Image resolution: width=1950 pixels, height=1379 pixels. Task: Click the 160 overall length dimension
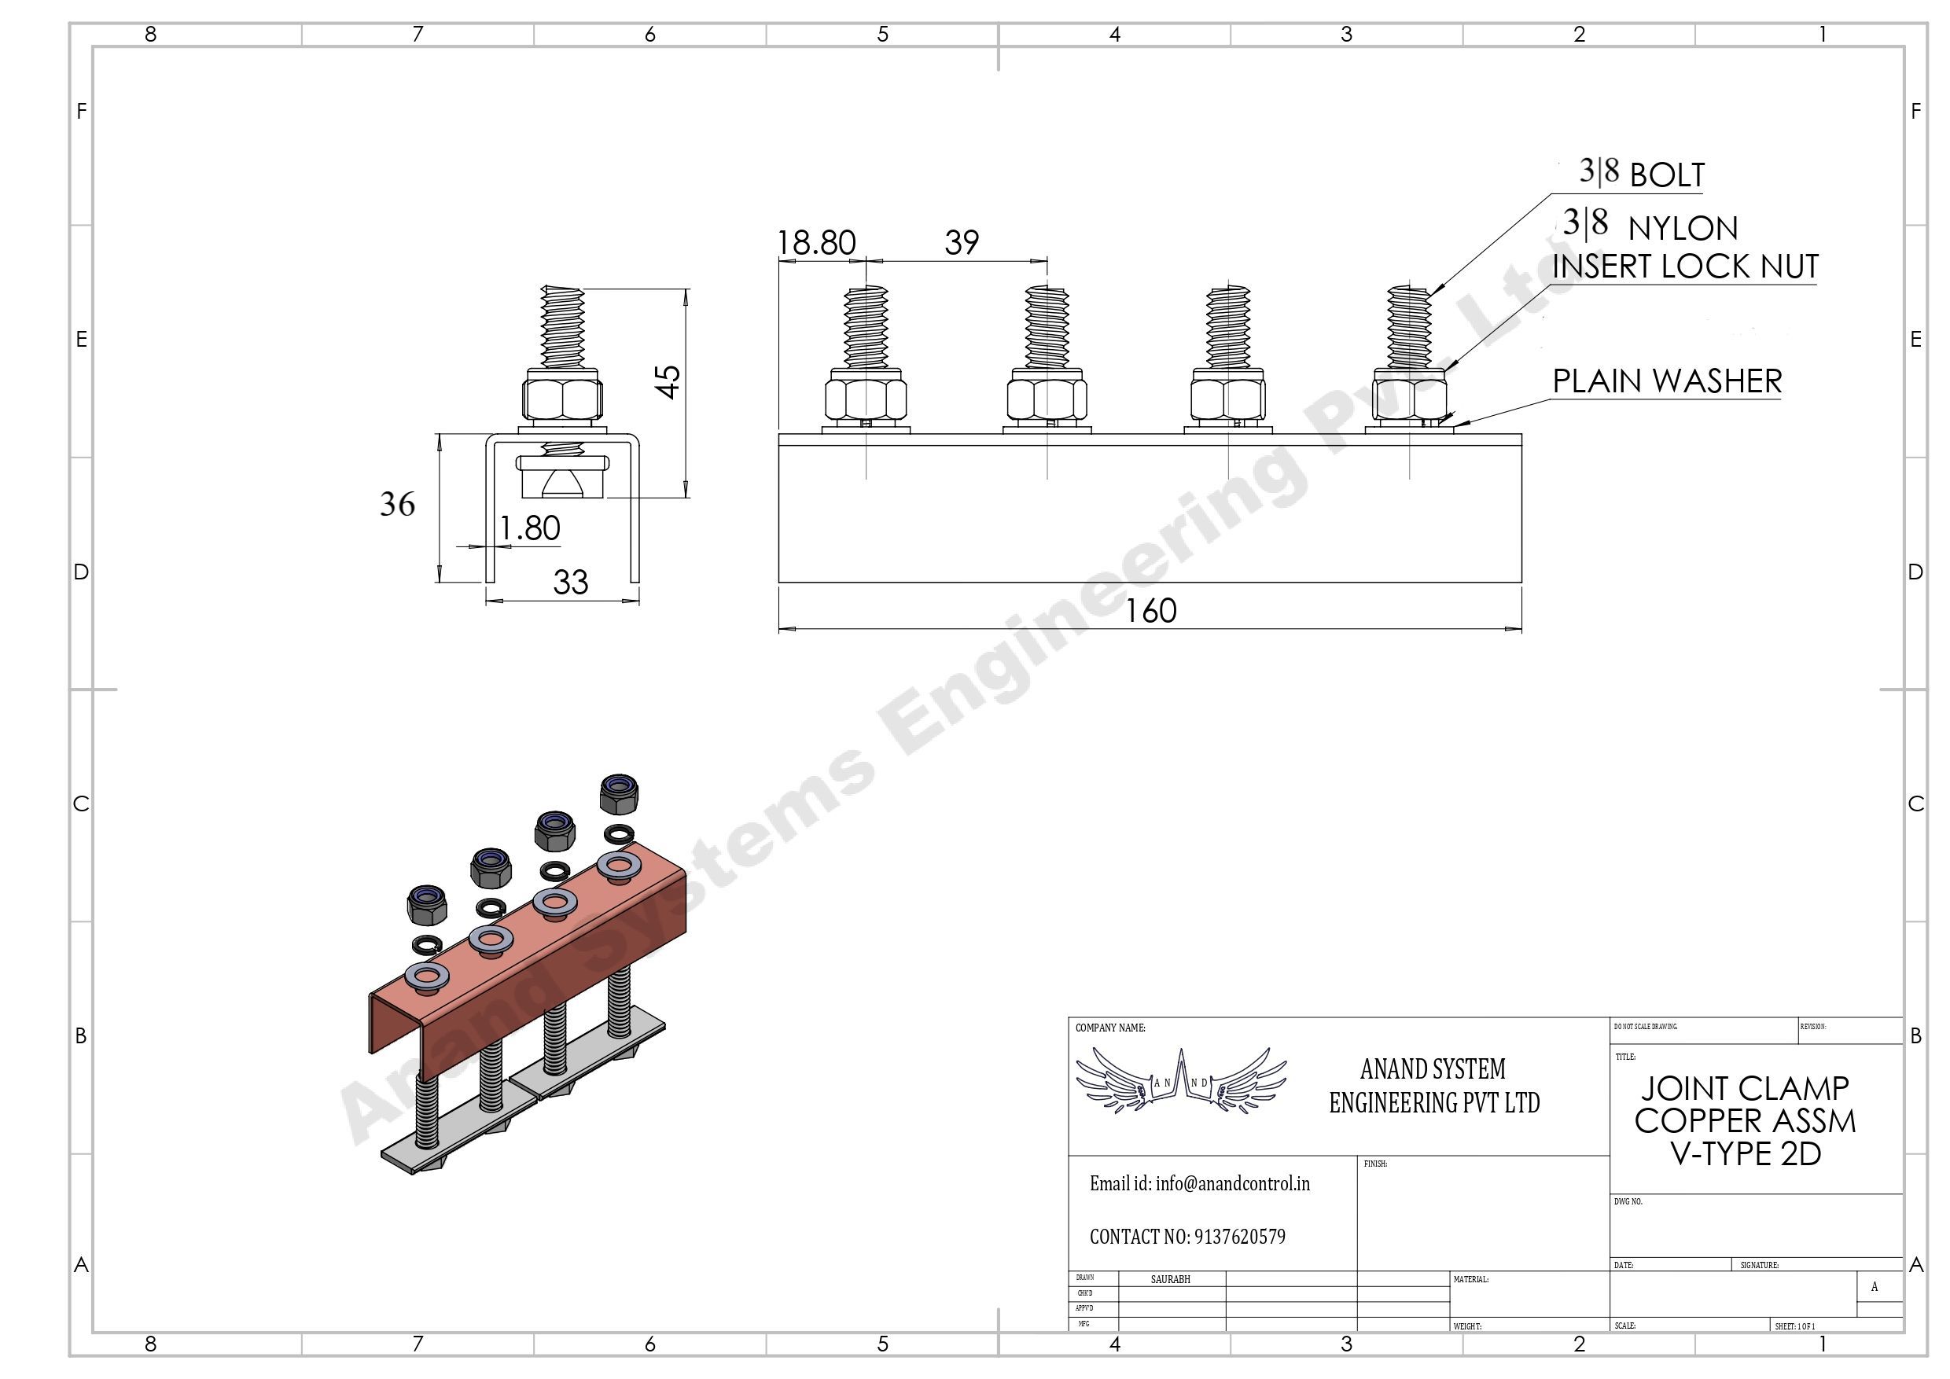[x=1151, y=612]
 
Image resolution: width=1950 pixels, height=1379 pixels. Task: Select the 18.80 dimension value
[x=816, y=244]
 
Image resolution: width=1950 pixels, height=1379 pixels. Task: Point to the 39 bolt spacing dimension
[x=962, y=243]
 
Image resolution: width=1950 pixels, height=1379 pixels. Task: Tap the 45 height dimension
[x=669, y=381]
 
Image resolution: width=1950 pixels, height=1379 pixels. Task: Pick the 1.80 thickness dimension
[x=529, y=528]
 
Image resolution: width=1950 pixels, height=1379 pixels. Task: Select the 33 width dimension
[x=570, y=583]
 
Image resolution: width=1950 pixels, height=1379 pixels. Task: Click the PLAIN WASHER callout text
[x=1667, y=381]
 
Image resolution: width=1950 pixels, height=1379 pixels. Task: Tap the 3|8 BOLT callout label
[x=1642, y=174]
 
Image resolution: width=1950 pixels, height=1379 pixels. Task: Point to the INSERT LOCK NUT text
[x=1685, y=267]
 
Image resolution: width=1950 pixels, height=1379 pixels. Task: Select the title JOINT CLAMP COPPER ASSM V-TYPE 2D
[x=1745, y=1121]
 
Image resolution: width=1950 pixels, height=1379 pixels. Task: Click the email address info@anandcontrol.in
[x=1199, y=1183]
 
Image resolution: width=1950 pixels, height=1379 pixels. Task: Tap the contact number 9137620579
[x=1239, y=1237]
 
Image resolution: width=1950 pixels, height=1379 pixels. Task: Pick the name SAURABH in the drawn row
[x=1170, y=1279]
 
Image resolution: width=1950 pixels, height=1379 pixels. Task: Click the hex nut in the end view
[x=562, y=395]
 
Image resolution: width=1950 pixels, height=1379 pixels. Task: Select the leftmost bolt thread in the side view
[x=866, y=327]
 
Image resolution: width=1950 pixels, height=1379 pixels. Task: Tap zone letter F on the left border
[x=82, y=111]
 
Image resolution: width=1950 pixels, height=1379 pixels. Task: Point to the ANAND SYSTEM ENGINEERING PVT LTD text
[x=1433, y=1085]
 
